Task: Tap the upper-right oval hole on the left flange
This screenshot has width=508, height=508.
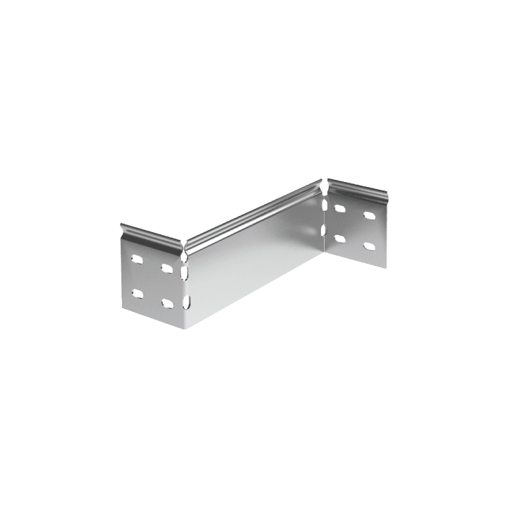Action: click(x=167, y=269)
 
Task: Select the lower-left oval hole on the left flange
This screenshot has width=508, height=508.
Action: click(x=136, y=292)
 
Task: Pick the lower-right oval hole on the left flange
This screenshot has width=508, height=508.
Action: click(x=167, y=303)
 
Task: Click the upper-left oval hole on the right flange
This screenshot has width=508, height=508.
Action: click(x=339, y=208)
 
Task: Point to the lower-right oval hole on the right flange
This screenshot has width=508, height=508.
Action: click(x=368, y=246)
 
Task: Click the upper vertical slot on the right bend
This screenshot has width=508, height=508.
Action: click(x=325, y=205)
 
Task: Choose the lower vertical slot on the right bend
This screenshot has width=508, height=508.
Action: click(x=325, y=231)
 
